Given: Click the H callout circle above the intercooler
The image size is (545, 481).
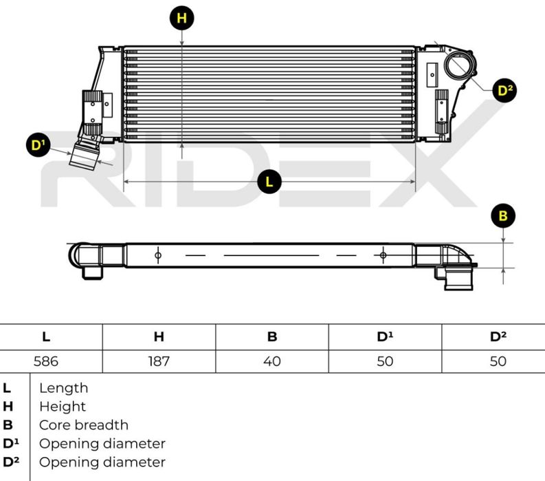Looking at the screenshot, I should (181, 18).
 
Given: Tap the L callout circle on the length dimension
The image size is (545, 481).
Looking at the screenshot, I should (269, 182).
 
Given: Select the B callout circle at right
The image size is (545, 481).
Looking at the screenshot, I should (503, 216).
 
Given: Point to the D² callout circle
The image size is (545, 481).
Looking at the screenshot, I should (506, 90).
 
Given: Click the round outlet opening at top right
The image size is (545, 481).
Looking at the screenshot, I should (459, 66).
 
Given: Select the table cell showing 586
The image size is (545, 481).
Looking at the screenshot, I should (46, 361).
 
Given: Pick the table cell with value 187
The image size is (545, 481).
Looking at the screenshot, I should (159, 361).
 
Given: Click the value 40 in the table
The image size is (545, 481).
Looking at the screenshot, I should (272, 361).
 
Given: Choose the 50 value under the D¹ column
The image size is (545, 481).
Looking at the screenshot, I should (385, 361).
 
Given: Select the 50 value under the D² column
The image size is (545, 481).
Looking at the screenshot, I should (498, 361).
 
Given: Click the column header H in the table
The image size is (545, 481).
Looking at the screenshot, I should (159, 336).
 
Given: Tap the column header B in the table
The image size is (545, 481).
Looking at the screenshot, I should (272, 336).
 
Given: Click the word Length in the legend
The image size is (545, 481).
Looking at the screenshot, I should (63, 388).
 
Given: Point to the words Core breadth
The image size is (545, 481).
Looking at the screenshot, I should (83, 425).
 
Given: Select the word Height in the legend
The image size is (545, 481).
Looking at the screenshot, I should (63, 407).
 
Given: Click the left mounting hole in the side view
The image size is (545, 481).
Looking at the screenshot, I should (157, 255).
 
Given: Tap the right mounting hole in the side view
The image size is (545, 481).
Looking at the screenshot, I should (383, 255).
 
